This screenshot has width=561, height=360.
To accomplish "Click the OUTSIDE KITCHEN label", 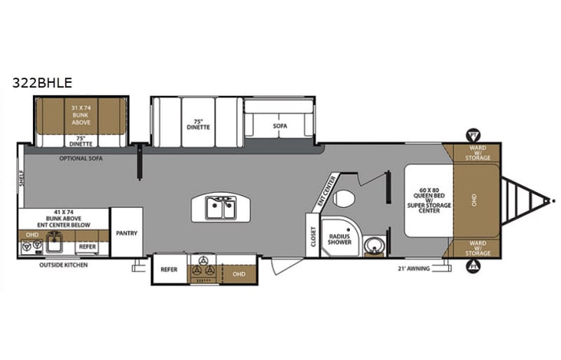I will pos(64,265).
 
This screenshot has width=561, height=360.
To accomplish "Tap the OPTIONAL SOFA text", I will pos(81,157).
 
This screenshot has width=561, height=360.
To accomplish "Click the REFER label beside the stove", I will pos(169,269).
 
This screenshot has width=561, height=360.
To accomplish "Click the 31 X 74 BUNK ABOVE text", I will pos(81,114).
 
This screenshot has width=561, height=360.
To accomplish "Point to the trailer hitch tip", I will pos(549,201).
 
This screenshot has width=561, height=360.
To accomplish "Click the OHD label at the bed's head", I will pos(474,201).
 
